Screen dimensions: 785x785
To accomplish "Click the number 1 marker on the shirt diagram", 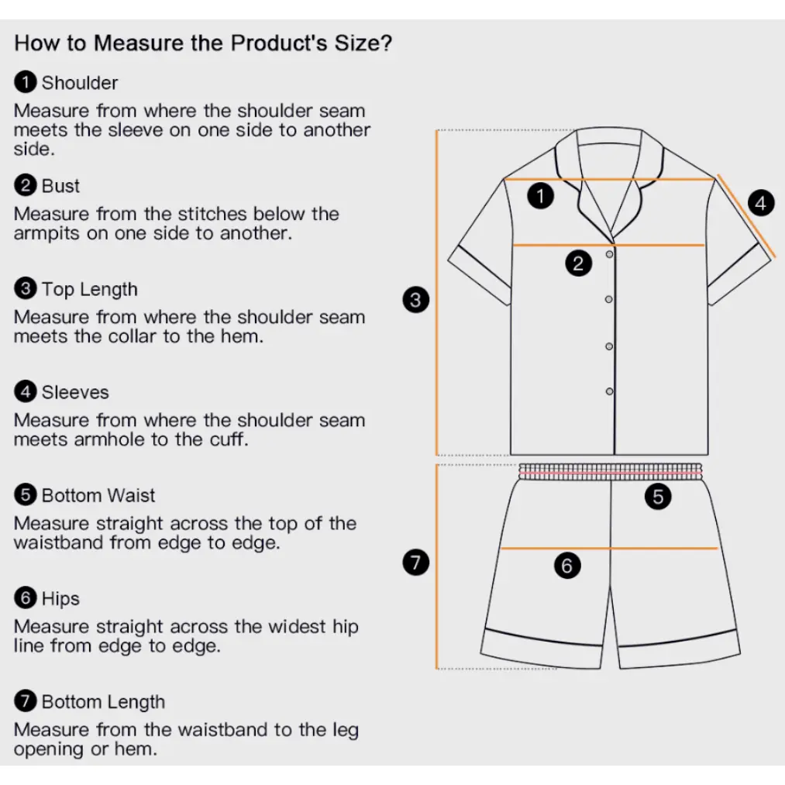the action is (x=541, y=196).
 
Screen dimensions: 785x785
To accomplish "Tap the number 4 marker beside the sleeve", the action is (x=761, y=203).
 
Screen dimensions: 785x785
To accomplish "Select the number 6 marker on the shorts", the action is (x=567, y=566).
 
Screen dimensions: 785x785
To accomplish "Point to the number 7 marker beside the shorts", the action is (x=415, y=563).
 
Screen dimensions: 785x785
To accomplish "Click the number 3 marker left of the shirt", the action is (x=415, y=300).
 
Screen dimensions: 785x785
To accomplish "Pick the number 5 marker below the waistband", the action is (x=658, y=497).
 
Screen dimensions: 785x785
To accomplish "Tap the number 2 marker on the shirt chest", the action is (x=578, y=263).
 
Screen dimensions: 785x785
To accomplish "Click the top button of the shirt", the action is (x=609, y=254).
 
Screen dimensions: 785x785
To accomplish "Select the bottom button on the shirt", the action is (x=609, y=391).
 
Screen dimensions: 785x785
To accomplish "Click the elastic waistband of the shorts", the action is (x=611, y=472).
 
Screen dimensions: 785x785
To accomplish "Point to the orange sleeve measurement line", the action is (x=746, y=215).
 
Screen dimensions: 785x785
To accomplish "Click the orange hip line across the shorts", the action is (x=609, y=549).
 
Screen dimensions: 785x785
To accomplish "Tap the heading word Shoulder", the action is (x=80, y=83).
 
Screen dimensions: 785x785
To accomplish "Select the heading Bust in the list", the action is (x=60, y=186).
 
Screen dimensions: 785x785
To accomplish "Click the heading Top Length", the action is (x=90, y=289).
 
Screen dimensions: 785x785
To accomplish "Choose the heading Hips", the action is (x=60, y=599).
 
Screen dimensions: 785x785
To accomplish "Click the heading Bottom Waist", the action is (x=98, y=496).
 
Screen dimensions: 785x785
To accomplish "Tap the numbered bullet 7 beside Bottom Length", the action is (x=26, y=701).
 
